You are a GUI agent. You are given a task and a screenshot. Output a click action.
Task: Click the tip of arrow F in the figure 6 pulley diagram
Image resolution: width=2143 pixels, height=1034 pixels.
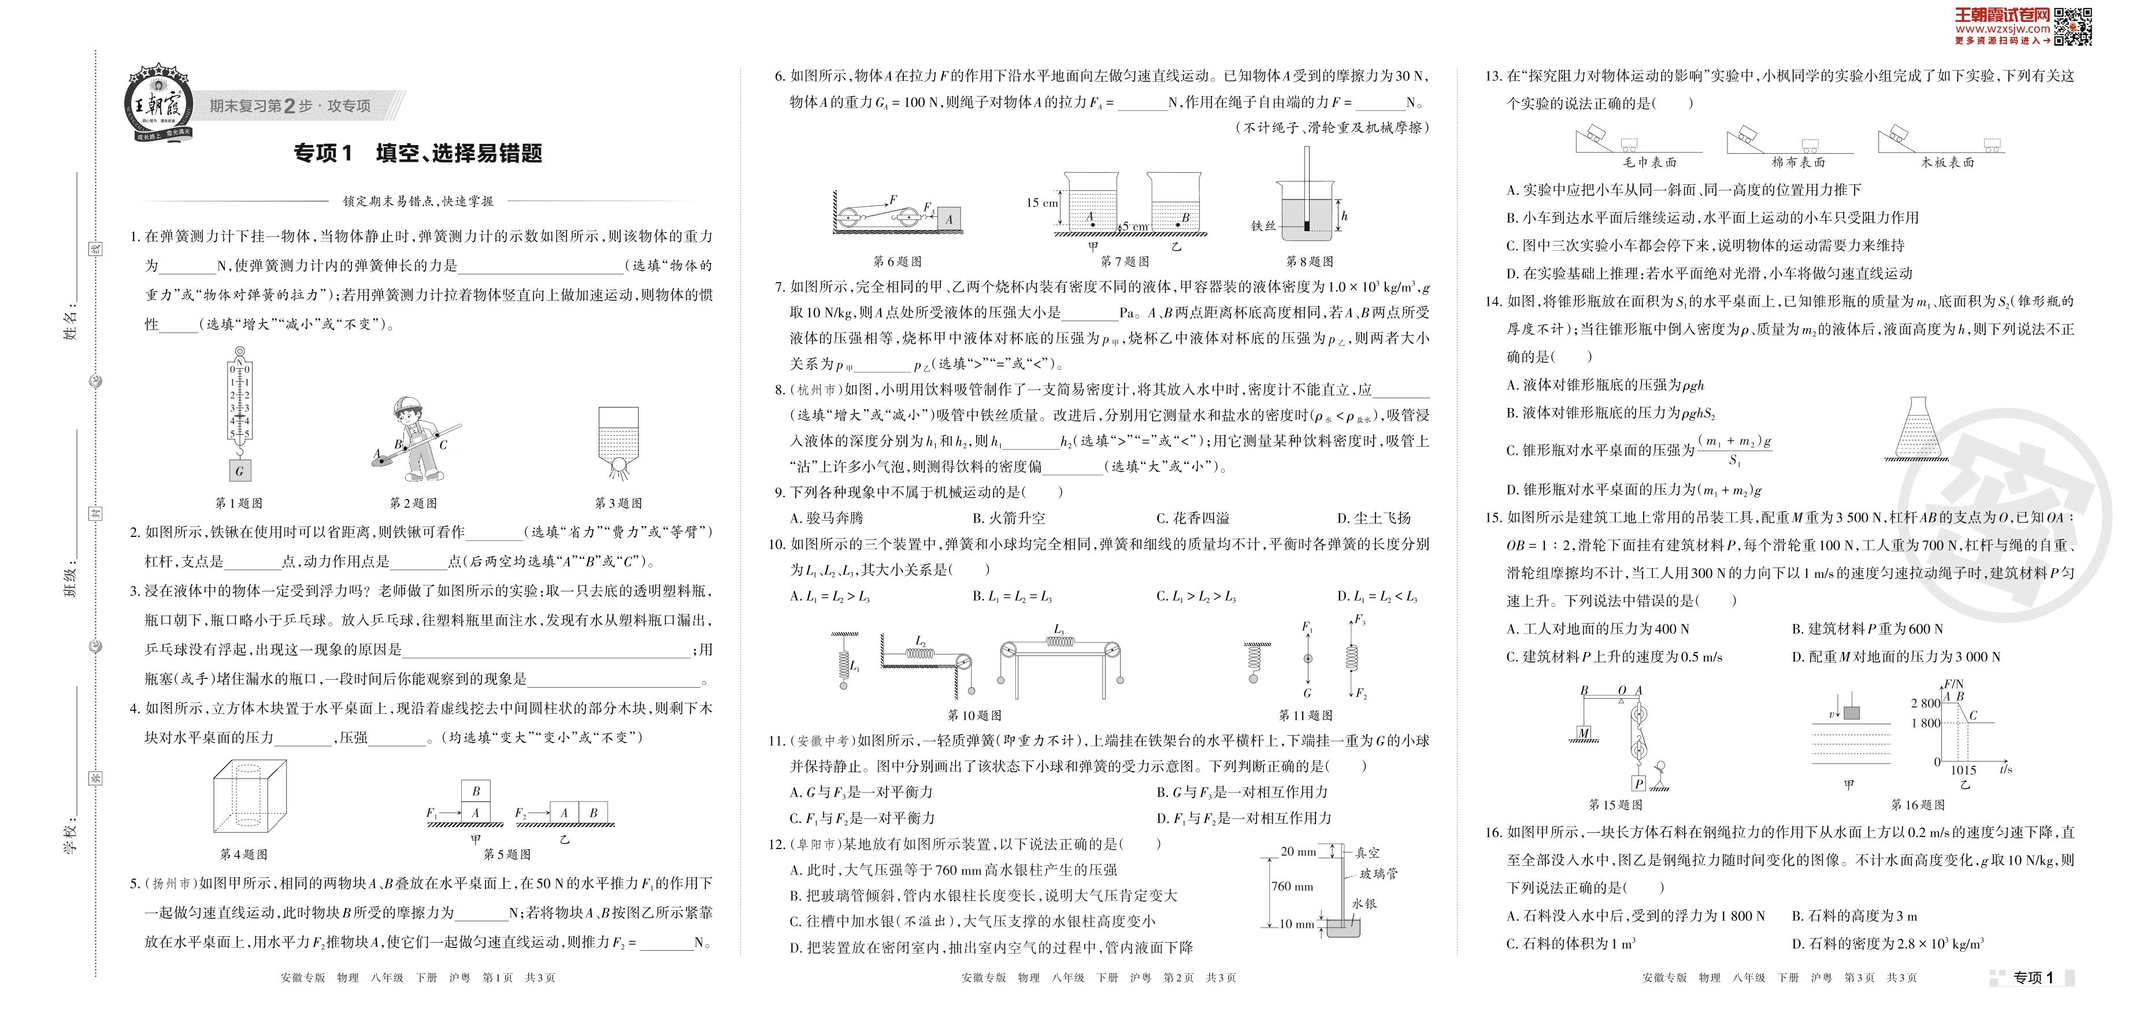888,204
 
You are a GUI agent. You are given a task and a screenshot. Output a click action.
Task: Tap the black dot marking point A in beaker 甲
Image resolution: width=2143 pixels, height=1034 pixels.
1092,225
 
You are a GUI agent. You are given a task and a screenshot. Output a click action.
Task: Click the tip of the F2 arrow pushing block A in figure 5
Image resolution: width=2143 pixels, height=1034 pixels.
549,813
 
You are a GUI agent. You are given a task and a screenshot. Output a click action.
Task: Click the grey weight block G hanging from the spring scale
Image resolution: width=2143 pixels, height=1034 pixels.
240,471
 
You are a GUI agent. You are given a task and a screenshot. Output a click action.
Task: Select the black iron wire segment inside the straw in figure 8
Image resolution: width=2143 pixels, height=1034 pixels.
1307,225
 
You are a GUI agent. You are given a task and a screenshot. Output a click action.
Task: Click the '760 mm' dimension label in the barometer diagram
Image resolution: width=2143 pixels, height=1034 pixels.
1292,887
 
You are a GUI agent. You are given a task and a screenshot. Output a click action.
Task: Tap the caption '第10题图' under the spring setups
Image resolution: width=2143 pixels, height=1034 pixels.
974,716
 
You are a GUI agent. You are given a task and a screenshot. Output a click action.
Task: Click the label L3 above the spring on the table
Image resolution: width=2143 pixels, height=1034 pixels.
1059,630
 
